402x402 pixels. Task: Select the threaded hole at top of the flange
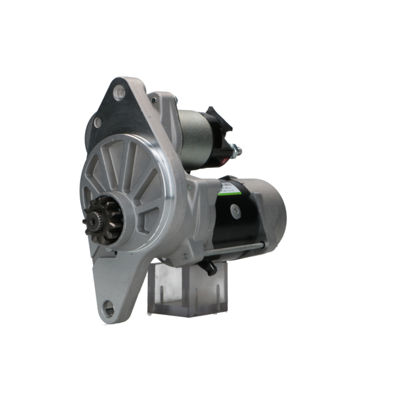(x=119, y=93)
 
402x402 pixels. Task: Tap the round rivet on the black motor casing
(x=234, y=210)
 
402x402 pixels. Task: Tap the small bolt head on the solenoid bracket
(x=154, y=100)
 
